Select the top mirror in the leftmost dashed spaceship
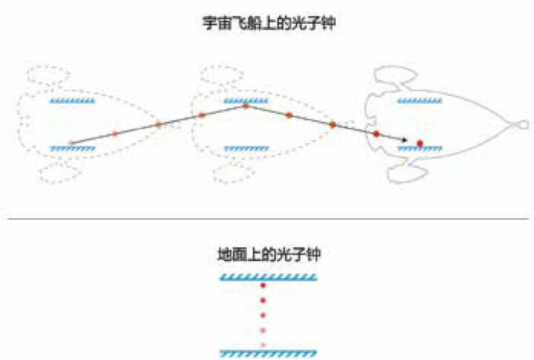[x=72, y=100]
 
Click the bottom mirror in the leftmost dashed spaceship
[x=72, y=148]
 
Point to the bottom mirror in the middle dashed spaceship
[x=245, y=148]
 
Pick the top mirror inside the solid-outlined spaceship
[x=420, y=100]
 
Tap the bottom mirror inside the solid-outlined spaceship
[x=420, y=148]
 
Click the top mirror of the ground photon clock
[x=268, y=278]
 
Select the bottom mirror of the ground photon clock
[x=268, y=351]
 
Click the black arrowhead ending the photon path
[x=404, y=140]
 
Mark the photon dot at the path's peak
[x=245, y=106]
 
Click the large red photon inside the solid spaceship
[x=420, y=143]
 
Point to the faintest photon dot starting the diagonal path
[x=70, y=143]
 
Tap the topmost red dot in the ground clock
[x=263, y=286]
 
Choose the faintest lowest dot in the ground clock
[x=263, y=344]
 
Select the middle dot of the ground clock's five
[x=263, y=315]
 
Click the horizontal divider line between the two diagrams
[x=267, y=218]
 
